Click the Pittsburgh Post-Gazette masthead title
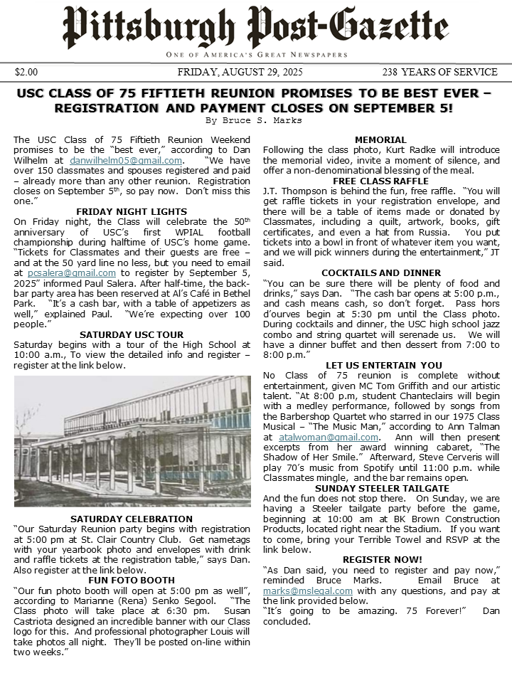(255, 27)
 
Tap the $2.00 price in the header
(26, 72)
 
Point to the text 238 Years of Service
(439, 72)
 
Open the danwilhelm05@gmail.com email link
(126, 161)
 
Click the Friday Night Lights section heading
(132, 211)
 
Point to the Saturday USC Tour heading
(132, 334)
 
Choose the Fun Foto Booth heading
(132, 581)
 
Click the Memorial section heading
(380, 140)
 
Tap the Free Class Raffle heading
(380, 181)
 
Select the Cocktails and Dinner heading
(380, 272)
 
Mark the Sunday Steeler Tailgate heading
(380, 488)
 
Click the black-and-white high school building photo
(132, 441)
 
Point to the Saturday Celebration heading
(132, 519)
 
